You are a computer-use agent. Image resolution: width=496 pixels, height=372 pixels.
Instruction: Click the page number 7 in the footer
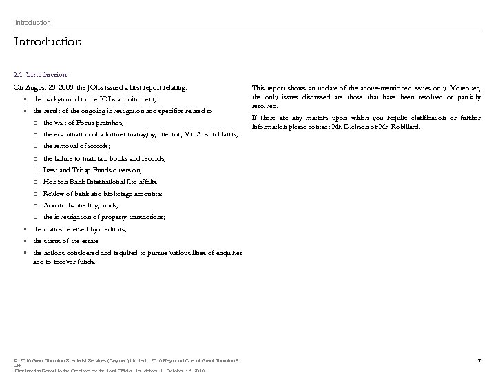click(479, 361)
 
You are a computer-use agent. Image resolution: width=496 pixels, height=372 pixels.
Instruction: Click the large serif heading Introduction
click(48, 42)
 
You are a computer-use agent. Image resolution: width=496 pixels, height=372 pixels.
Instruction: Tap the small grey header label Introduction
click(33, 23)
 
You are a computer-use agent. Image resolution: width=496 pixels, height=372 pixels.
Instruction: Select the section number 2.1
click(18, 74)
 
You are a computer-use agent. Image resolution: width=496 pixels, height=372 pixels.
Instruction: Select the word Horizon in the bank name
click(55, 182)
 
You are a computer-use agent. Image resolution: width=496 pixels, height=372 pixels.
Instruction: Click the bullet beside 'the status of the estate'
click(24, 241)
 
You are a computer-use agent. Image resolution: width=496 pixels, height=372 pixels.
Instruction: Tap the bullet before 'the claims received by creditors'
click(24, 229)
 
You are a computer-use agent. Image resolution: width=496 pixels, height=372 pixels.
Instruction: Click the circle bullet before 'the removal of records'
click(34, 146)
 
